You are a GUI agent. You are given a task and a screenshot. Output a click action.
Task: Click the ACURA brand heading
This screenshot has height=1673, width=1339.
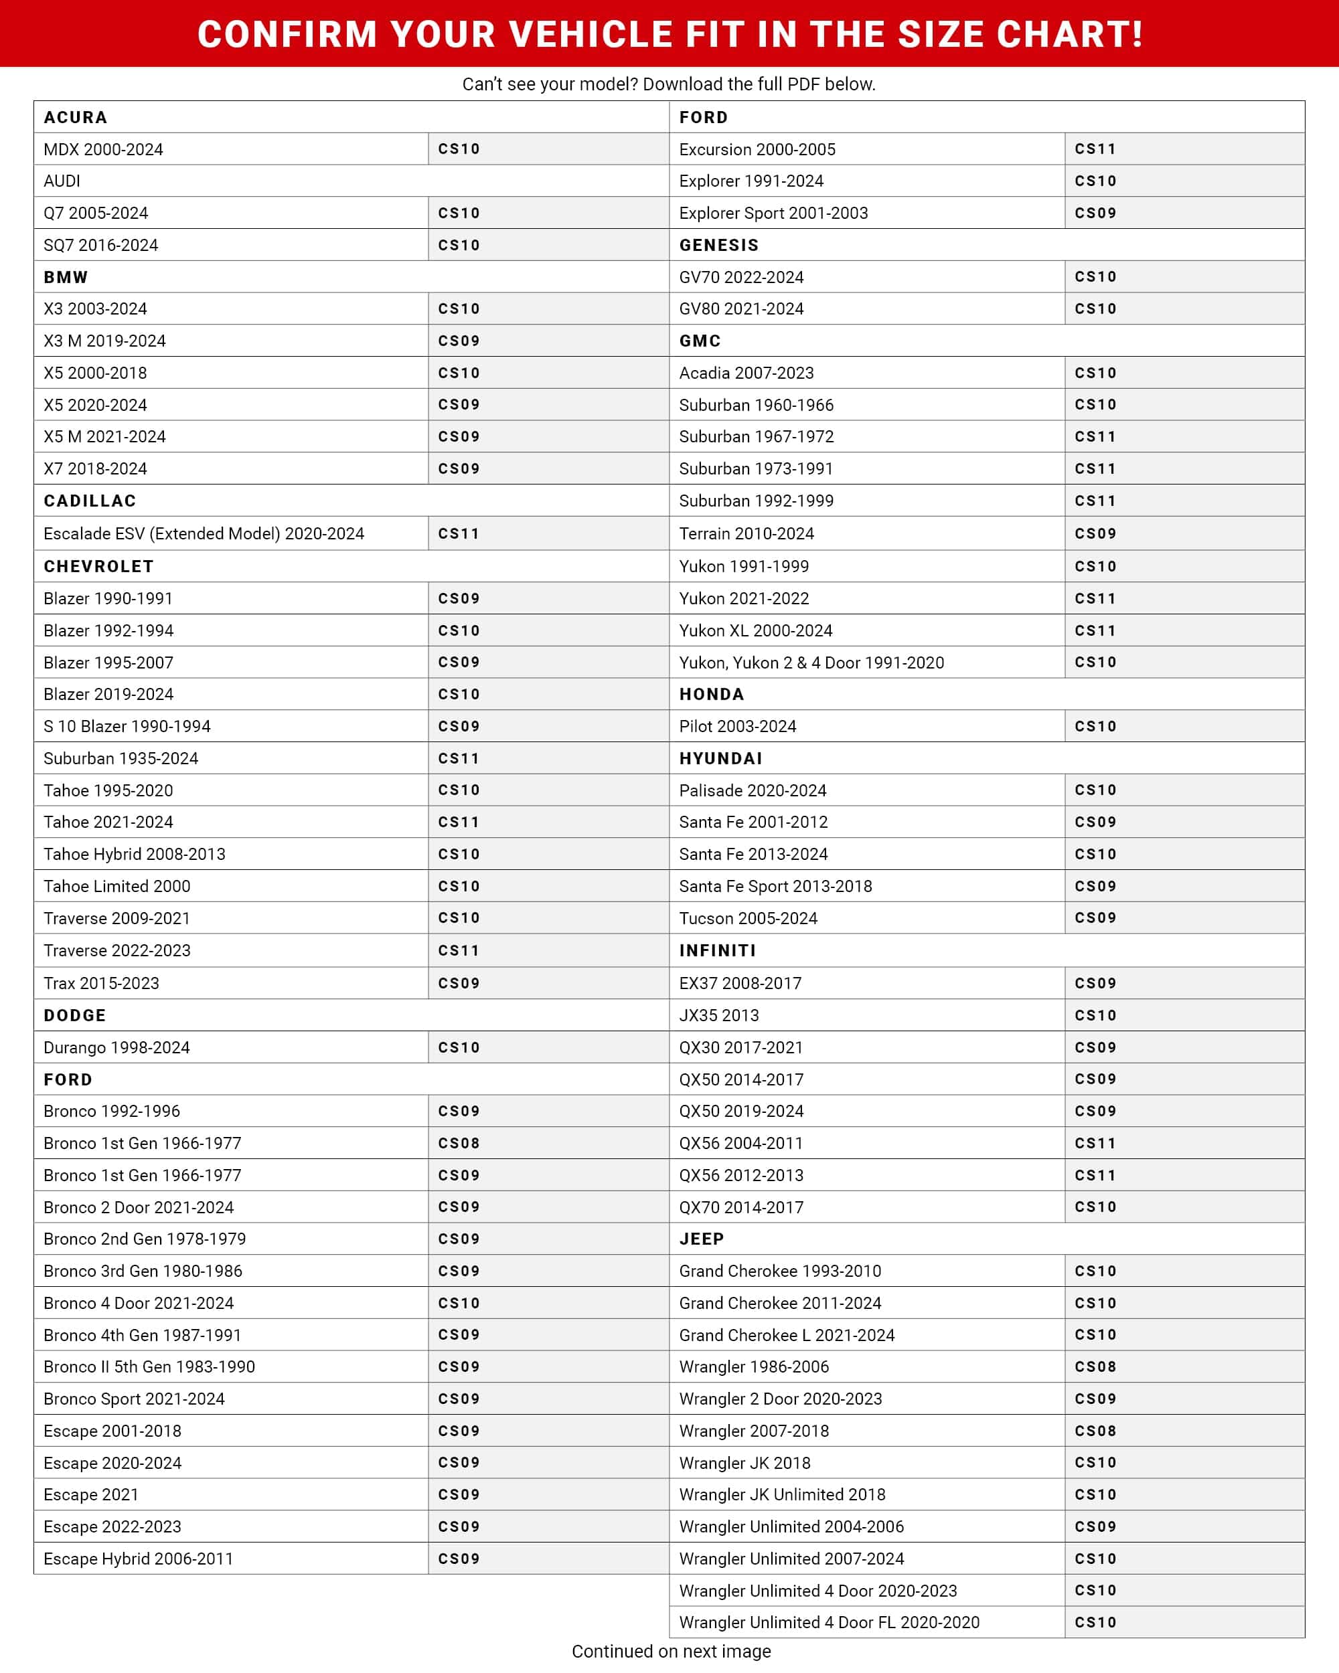[x=75, y=117]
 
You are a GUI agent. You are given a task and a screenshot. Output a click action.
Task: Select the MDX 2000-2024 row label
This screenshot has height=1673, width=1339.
[x=103, y=149]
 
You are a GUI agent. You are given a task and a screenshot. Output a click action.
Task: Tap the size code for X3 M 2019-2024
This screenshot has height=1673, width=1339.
[x=459, y=341]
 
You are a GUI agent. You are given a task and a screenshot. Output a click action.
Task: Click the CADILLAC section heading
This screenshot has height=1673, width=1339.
[x=90, y=501]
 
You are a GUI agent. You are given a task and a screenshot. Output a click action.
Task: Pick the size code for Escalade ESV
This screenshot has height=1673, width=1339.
[x=459, y=533]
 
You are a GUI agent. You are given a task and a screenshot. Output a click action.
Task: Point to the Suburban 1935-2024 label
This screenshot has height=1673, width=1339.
[x=121, y=758]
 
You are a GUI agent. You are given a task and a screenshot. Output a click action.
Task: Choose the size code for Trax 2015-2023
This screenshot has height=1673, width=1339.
[x=459, y=983]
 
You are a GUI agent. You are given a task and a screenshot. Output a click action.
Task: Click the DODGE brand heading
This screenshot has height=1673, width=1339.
[x=74, y=1015]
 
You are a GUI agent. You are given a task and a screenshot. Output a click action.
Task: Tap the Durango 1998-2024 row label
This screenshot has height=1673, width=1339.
[x=116, y=1047]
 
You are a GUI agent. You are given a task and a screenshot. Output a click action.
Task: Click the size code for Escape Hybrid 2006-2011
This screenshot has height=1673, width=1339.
[x=459, y=1558]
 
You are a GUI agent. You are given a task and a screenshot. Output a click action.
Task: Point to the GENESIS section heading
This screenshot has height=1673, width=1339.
[x=719, y=245]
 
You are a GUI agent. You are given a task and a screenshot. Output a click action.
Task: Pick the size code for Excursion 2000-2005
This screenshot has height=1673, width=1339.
[x=1095, y=149]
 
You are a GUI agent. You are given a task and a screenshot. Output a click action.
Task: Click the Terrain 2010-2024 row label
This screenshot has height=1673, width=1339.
[x=746, y=533]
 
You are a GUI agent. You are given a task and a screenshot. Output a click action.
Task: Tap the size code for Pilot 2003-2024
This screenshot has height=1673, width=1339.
[x=1095, y=726]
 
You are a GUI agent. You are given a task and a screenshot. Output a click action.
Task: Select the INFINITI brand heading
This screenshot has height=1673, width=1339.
[x=717, y=950]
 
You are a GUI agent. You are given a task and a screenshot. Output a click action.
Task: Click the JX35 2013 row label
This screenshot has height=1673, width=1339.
[x=719, y=1015]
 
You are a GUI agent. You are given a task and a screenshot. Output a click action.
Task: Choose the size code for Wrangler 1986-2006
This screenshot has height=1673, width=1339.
[x=1095, y=1367]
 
